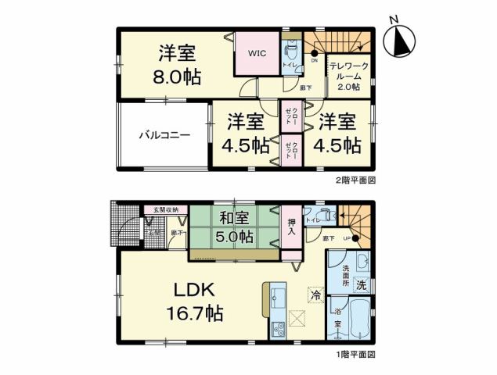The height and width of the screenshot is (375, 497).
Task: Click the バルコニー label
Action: point(164,134)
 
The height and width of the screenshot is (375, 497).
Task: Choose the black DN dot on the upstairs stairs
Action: point(314,53)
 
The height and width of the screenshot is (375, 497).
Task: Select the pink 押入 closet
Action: point(290,227)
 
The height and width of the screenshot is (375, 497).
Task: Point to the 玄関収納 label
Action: point(164,209)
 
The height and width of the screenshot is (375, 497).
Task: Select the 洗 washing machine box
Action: point(362,284)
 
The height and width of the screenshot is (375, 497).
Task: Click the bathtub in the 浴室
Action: point(359,321)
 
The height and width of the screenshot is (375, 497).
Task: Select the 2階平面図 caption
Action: point(356,180)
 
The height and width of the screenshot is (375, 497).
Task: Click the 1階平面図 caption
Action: point(356,354)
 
